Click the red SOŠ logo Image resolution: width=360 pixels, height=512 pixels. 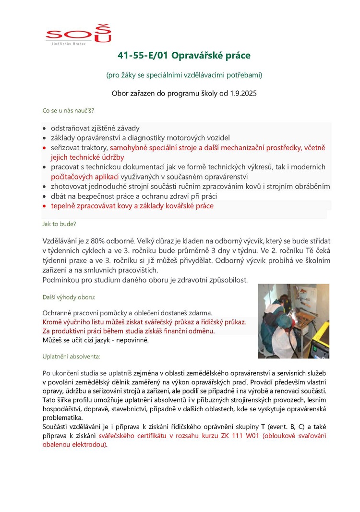[x=79, y=34]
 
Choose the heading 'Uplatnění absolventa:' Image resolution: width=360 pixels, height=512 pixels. [x=71, y=357]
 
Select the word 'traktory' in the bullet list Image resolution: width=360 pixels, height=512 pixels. [x=95, y=148]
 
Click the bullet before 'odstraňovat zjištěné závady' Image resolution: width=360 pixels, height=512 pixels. [x=45, y=129]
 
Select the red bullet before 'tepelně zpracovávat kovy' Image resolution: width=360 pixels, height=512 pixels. [x=45, y=206]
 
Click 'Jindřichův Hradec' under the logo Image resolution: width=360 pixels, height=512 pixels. [x=69, y=43]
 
